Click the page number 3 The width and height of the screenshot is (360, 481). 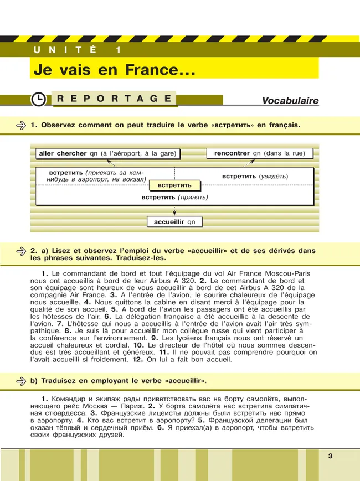coord(330,456)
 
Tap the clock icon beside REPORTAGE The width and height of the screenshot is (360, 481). coord(38,99)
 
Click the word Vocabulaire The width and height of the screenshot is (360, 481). coord(290,101)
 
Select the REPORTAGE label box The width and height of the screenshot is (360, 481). coord(114,99)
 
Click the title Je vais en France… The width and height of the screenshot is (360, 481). coord(115,70)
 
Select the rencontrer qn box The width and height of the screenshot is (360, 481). coord(259,153)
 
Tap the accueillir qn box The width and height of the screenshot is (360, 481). coord(174,222)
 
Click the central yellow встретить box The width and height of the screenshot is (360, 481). coord(174,185)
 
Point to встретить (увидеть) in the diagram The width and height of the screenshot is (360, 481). coord(255,177)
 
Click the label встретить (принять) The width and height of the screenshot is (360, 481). coord(174,197)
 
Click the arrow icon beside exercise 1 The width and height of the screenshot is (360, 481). coord(22,126)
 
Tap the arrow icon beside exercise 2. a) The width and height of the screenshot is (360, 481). coord(22,251)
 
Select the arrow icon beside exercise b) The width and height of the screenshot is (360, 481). coord(22,381)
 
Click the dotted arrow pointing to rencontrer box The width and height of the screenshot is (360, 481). coord(249,163)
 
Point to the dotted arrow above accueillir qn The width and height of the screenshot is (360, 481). coord(174,211)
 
